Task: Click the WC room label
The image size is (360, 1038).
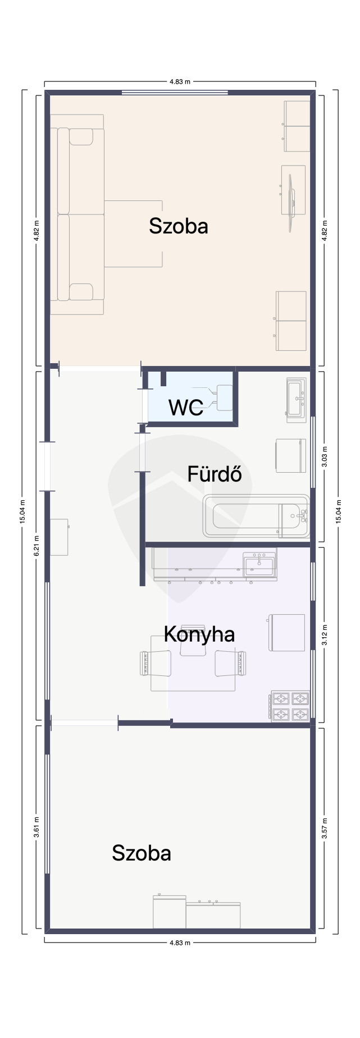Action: click(186, 408)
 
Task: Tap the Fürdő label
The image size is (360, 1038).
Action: click(215, 474)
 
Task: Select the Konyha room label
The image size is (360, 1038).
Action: click(199, 634)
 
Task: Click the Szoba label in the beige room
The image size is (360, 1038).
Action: click(179, 226)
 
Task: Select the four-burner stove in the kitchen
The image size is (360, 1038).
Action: click(290, 706)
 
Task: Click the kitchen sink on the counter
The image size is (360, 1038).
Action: click(259, 565)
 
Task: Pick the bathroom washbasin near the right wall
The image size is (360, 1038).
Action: click(296, 400)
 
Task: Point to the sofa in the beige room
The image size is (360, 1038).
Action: click(78, 214)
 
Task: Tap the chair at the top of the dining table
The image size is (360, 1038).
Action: click(193, 641)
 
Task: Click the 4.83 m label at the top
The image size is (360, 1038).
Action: click(180, 81)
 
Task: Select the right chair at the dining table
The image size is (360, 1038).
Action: click(231, 662)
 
